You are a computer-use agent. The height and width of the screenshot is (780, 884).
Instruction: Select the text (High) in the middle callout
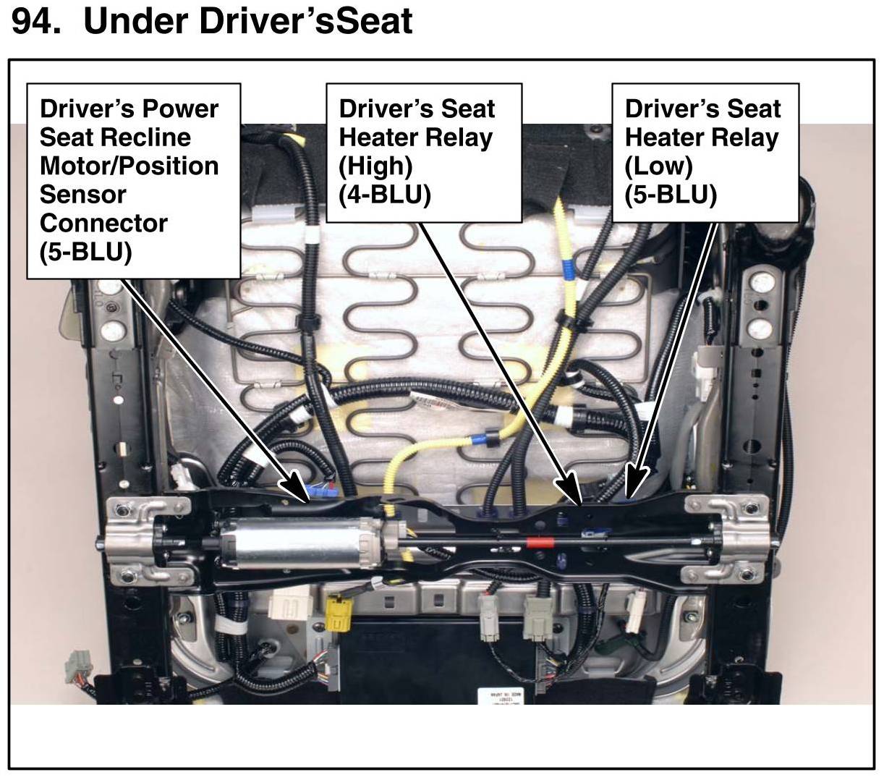coord(375,166)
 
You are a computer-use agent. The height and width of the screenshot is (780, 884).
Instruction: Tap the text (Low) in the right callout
coord(658,166)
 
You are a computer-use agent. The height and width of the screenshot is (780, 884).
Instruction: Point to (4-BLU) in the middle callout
coord(384,195)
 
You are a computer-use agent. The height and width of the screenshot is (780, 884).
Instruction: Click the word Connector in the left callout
coord(103,223)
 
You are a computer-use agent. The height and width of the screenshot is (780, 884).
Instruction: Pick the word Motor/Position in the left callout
coord(129,166)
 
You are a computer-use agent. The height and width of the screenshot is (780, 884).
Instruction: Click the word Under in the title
coord(137,21)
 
